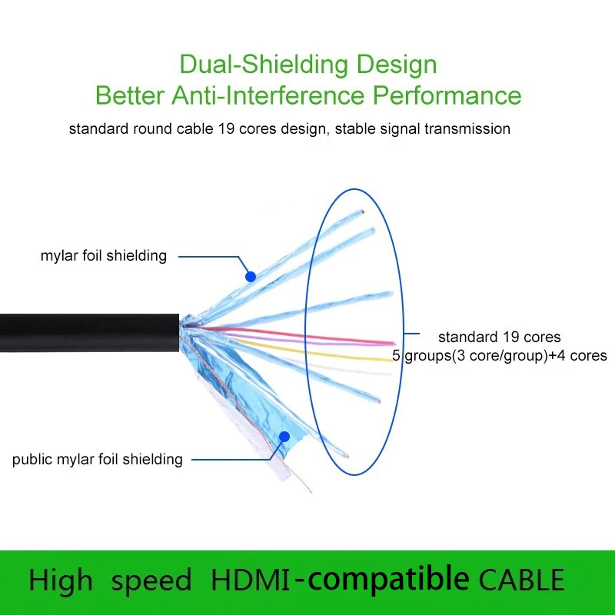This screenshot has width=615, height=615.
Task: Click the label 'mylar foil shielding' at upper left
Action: tap(104, 255)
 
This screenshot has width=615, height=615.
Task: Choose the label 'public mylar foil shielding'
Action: tap(98, 460)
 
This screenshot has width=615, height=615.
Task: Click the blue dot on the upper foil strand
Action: tap(249, 275)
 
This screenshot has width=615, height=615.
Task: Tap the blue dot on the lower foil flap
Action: tap(284, 436)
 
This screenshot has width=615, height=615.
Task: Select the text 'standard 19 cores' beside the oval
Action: tap(500, 337)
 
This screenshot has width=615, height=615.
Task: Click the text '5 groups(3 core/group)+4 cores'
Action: tap(500, 356)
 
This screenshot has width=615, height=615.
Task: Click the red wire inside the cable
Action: tap(307, 335)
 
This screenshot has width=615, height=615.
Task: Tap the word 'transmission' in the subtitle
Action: tap(467, 128)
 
